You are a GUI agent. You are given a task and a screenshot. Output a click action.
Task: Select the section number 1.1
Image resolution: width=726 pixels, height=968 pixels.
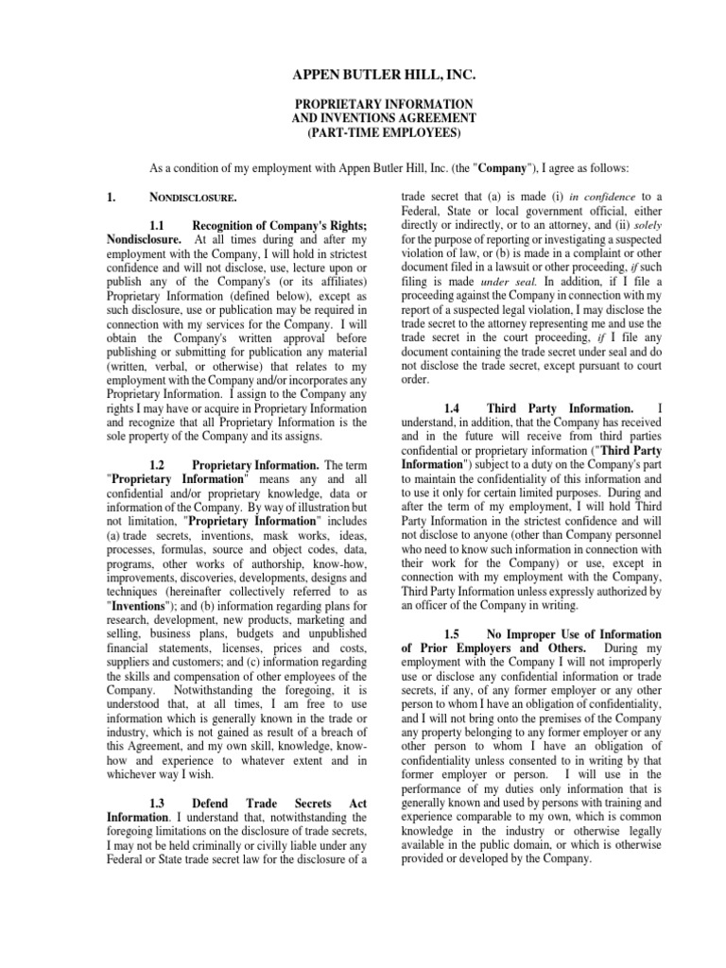coord(164,226)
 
